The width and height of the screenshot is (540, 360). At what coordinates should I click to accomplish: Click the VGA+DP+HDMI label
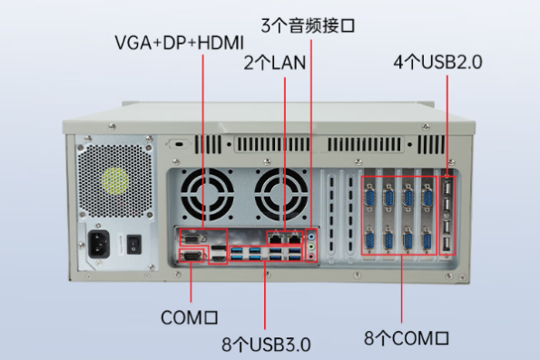(179, 43)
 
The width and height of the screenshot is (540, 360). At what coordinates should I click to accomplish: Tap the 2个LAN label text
(275, 63)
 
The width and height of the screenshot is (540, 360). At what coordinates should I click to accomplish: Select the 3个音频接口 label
(308, 25)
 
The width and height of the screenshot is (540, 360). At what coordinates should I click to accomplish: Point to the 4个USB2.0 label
(437, 63)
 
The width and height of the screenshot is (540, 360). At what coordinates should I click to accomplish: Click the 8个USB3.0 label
(266, 345)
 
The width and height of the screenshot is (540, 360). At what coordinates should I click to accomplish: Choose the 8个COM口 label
(407, 338)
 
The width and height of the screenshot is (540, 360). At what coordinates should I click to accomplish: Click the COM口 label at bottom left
(189, 317)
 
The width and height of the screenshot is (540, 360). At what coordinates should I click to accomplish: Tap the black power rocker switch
(134, 244)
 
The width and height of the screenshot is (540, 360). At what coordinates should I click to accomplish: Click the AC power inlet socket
(99, 244)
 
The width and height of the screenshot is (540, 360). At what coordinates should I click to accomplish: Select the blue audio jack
(311, 237)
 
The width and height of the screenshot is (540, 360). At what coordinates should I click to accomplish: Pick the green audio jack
(311, 247)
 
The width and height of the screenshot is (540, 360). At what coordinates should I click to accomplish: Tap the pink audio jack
(311, 256)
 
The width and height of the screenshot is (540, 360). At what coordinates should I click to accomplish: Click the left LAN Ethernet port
(276, 238)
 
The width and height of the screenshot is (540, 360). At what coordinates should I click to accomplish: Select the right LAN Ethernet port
(294, 238)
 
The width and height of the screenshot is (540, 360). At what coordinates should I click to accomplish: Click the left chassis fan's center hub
(207, 195)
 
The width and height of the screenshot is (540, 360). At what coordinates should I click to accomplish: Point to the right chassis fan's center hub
(281, 195)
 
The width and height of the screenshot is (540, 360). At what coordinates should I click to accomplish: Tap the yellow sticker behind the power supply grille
(115, 180)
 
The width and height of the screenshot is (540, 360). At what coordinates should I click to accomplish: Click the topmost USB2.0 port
(447, 188)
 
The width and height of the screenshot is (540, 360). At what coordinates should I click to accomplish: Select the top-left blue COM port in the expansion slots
(369, 197)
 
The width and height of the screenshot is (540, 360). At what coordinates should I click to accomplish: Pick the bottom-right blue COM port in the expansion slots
(427, 240)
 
